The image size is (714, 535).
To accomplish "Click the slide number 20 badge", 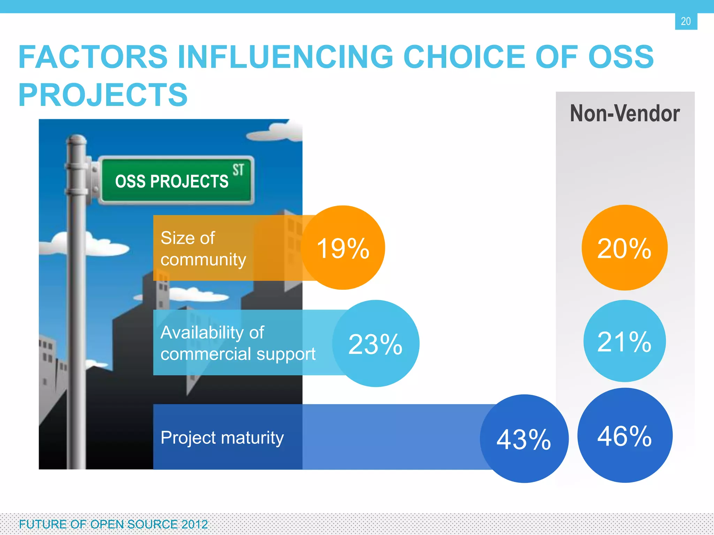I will tap(686, 21).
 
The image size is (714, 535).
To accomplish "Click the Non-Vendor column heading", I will tap(624, 114).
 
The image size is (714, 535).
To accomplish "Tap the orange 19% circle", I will tap(343, 248).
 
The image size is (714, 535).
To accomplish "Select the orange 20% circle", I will tap(624, 248).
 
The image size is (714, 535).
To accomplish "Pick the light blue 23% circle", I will tap(375, 343).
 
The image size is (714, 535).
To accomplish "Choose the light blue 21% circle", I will tap(624, 341).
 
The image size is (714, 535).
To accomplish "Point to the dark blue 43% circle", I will tap(524, 439).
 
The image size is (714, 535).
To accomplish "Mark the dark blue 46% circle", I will tap(625, 435).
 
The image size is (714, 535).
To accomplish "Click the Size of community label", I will tap(203, 248).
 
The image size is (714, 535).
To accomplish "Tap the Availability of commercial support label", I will tap(238, 343).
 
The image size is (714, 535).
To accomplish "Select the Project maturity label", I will tap(222, 437).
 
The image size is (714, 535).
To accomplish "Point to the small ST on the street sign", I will tap(238, 170).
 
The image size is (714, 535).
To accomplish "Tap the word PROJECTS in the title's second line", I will tap(103, 95).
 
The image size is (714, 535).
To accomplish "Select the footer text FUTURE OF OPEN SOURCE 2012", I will tap(113, 524).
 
